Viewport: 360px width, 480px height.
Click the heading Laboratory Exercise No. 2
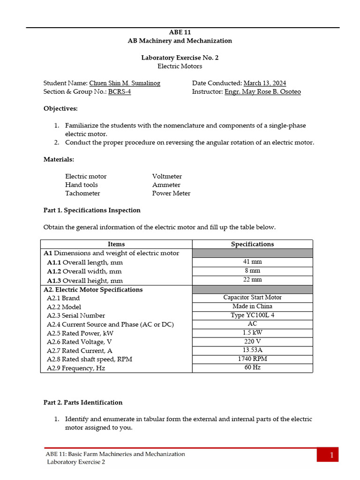(180, 58)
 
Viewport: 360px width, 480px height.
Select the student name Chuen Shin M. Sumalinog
(125, 83)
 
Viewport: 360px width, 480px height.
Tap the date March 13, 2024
(265, 83)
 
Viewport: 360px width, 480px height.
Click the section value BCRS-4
(120, 91)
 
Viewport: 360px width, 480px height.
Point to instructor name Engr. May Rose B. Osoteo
(262, 91)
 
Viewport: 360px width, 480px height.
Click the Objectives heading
(61, 108)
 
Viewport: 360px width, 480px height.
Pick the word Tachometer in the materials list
(82, 193)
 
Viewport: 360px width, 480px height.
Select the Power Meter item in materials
(171, 193)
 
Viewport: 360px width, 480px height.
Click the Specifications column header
(252, 244)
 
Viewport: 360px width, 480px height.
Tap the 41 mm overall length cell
(252, 262)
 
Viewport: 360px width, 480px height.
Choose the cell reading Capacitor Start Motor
(252, 297)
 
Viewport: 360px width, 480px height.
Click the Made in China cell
(252, 306)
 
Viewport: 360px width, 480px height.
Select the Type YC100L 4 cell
(252, 315)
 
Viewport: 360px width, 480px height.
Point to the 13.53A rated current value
(252, 350)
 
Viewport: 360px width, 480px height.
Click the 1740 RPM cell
(252, 359)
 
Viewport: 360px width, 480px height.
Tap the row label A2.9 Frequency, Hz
(76, 368)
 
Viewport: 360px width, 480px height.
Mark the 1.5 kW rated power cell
(252, 332)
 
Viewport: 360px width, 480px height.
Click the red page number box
(327, 455)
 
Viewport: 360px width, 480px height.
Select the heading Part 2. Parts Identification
(83, 402)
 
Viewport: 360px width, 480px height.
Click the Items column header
(116, 244)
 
